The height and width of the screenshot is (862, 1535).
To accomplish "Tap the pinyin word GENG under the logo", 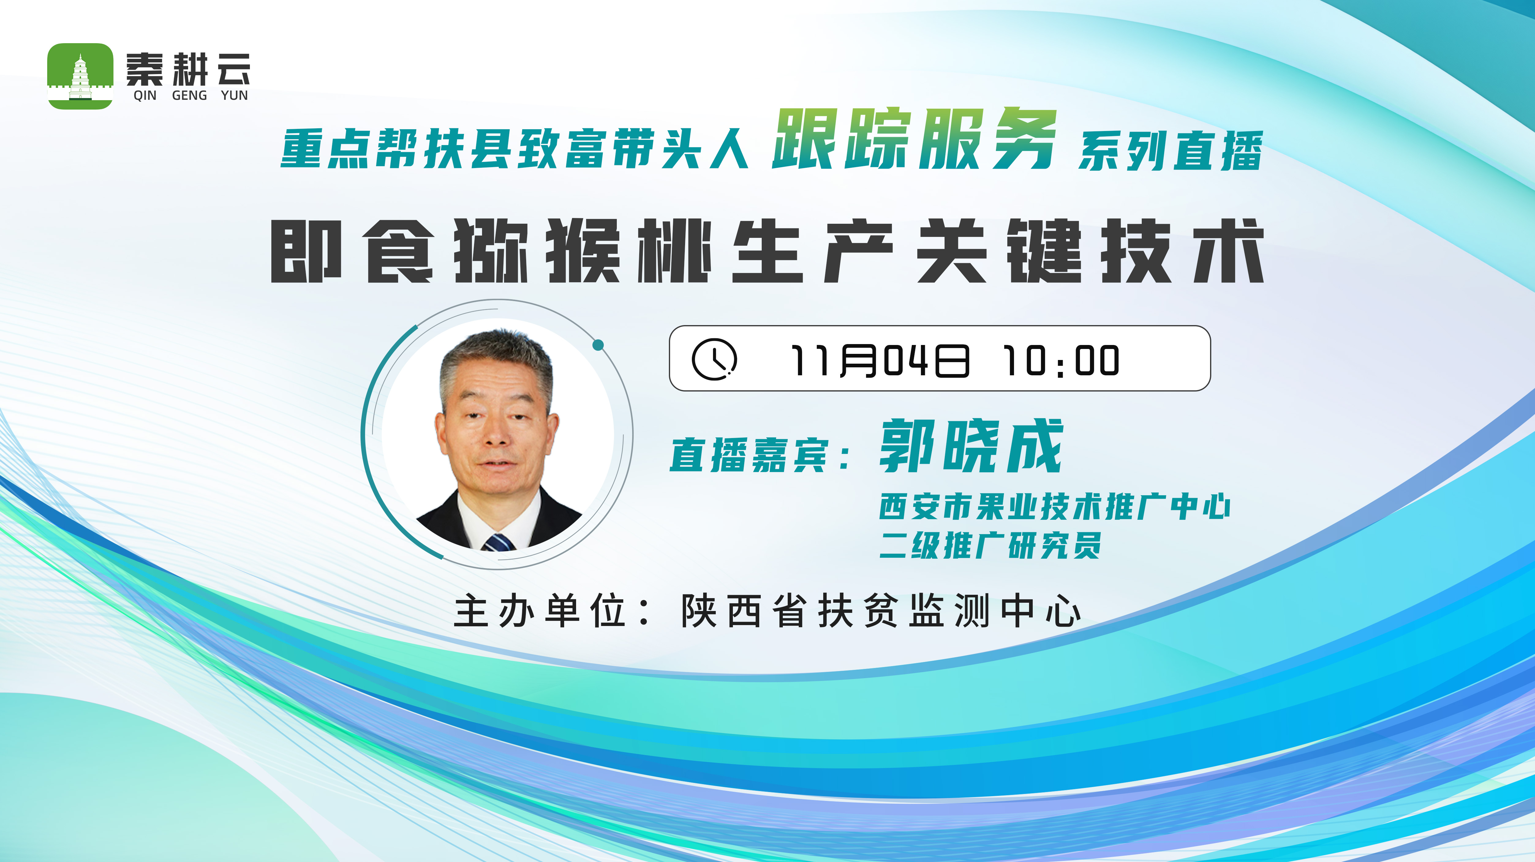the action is pyautogui.click(x=190, y=95).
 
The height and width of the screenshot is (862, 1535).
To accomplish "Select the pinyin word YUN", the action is pyautogui.click(x=234, y=95).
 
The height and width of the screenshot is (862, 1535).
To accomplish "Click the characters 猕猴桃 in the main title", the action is pyautogui.click(x=582, y=250).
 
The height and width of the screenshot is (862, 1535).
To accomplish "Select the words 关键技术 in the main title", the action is pyautogui.click(x=1091, y=250).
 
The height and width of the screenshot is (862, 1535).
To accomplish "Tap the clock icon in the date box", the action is pyautogui.click(x=714, y=359).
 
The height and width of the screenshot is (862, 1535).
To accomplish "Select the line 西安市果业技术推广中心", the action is pyautogui.click(x=1055, y=507).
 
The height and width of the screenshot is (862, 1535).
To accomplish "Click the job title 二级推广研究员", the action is pyautogui.click(x=990, y=545).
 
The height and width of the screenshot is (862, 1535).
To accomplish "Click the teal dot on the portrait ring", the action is pyautogui.click(x=598, y=345).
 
